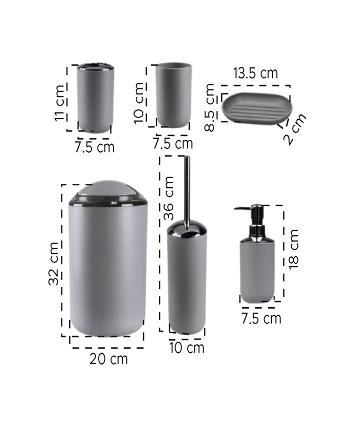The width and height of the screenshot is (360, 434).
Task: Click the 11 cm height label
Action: pos(60,103)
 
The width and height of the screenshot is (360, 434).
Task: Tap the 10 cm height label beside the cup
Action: pos(139,103)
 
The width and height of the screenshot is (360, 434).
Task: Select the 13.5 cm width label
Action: pos(255,73)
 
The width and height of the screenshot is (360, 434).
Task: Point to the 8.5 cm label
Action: pos(209,107)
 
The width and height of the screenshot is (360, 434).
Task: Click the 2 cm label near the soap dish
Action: pos(295,129)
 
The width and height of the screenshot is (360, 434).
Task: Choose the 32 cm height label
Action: pos(53,263)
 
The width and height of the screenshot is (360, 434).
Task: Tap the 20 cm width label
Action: pos(108,359)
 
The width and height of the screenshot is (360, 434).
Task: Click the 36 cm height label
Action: pos(168,198)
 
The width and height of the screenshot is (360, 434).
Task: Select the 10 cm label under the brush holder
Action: pos(187,348)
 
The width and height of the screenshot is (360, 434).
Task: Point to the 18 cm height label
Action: pos(293,249)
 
